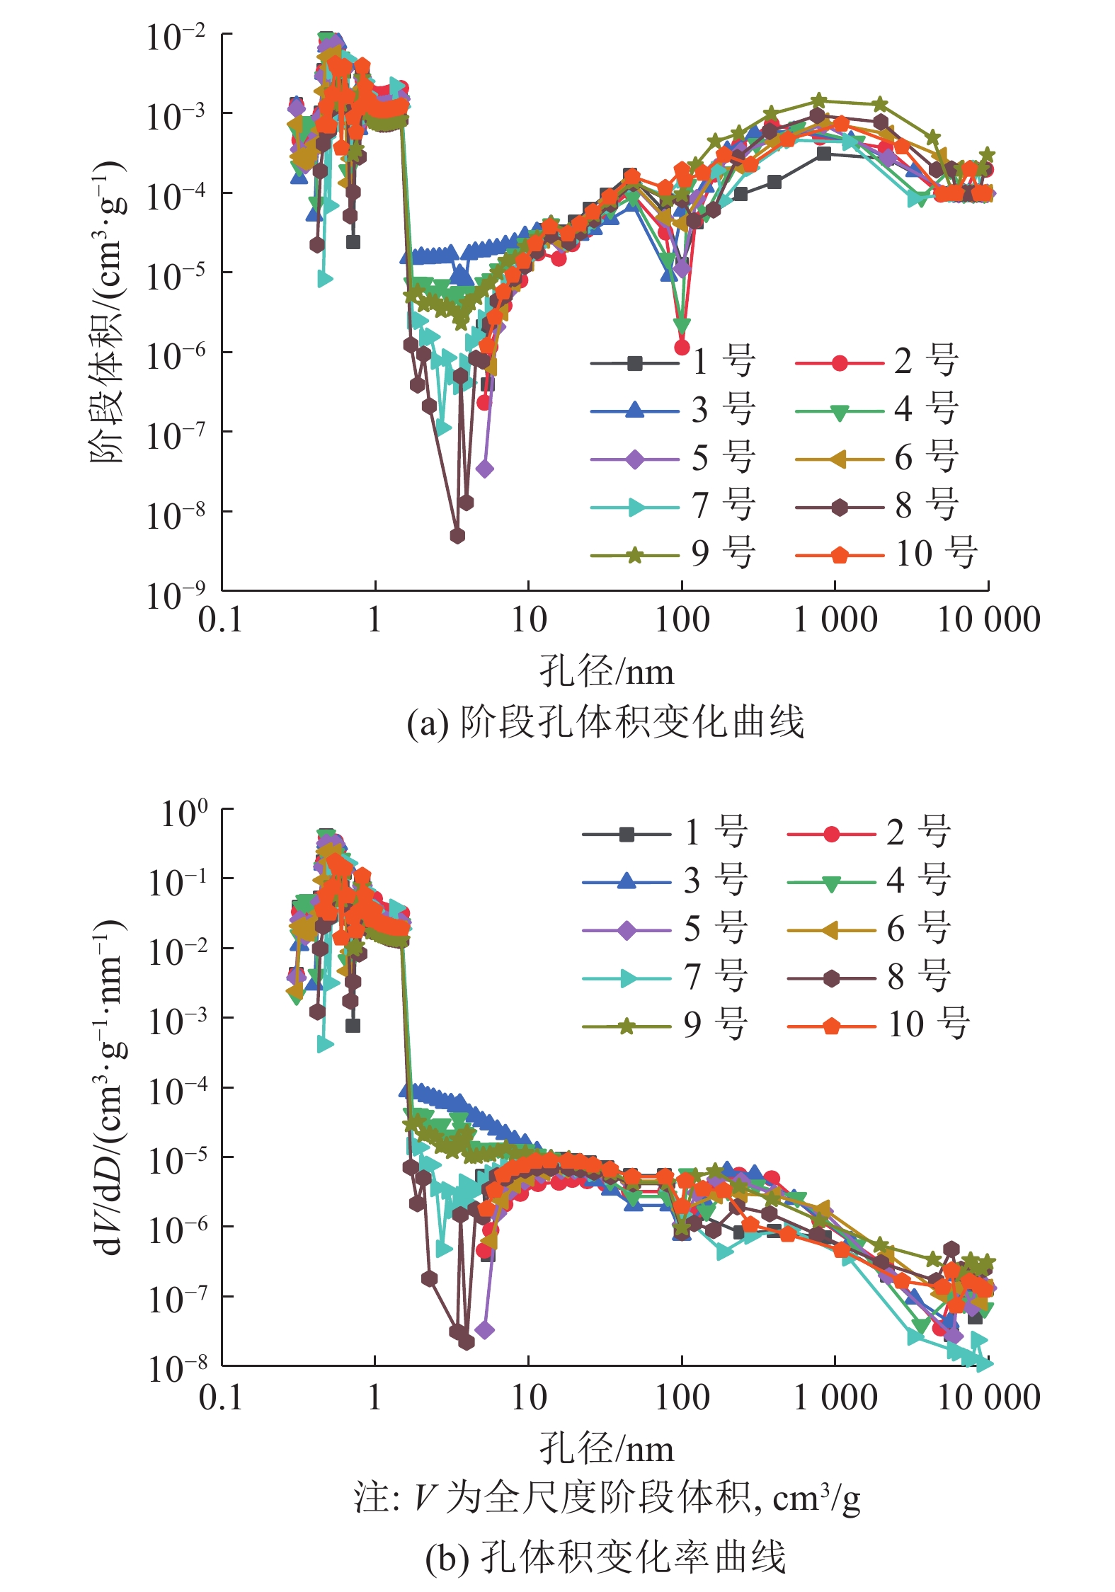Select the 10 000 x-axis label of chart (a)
tap(988, 620)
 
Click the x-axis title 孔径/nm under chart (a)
tap(607, 671)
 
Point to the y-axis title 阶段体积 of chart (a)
tap(108, 311)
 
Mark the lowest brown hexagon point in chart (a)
tap(457, 536)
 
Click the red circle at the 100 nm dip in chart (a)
tap(682, 347)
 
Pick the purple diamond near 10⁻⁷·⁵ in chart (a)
tap(485, 469)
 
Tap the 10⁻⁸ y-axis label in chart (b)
tap(177, 1369)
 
